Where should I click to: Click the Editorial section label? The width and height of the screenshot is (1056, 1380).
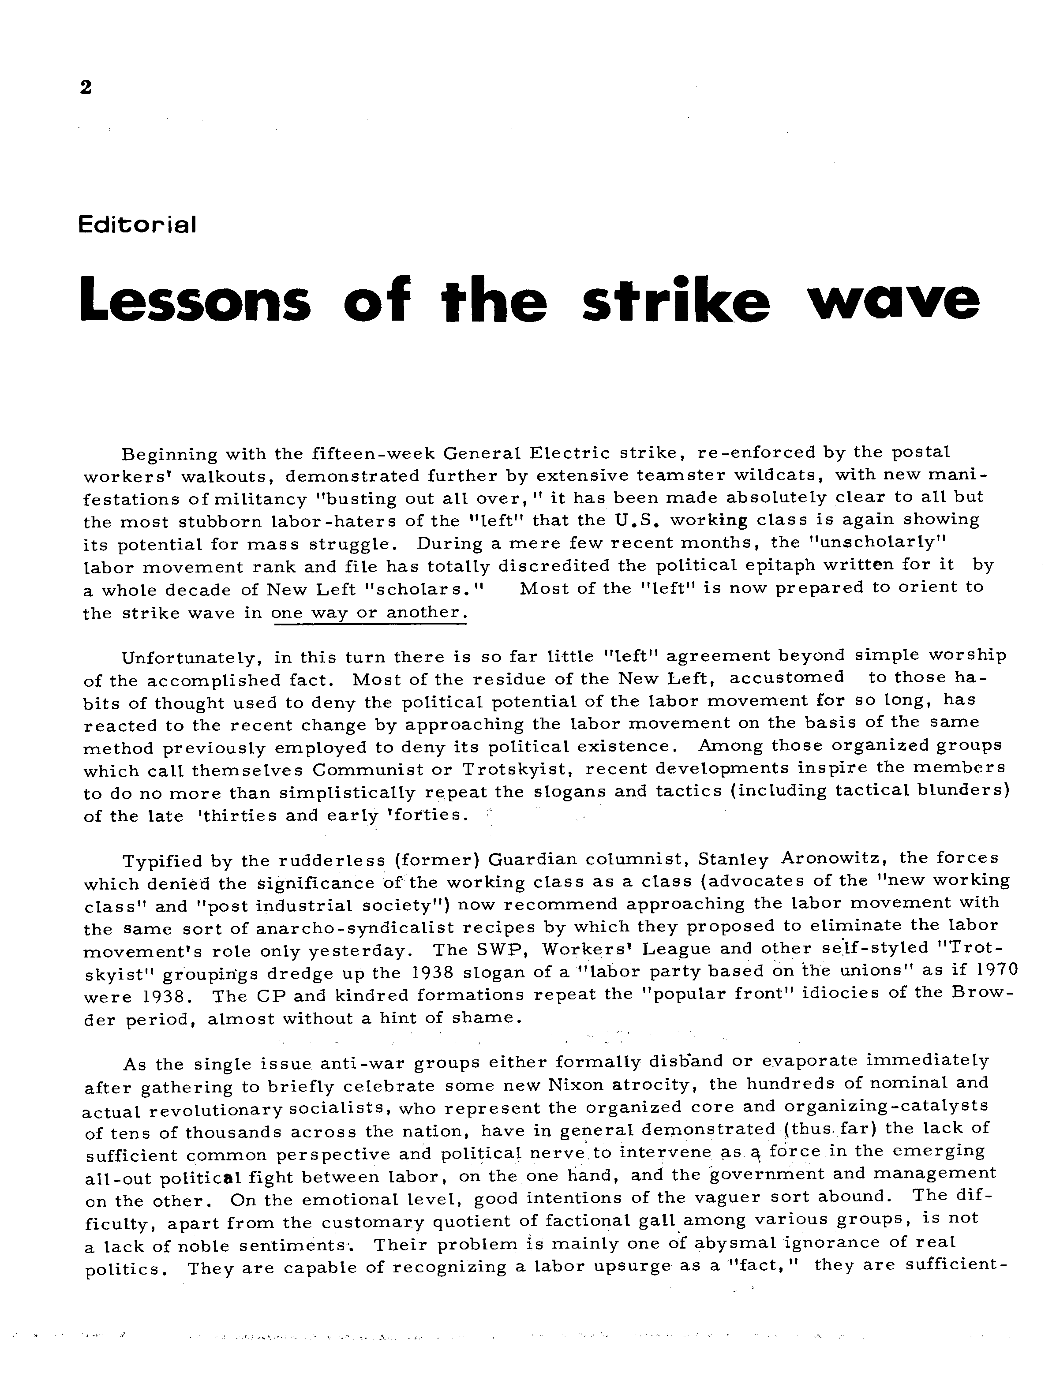click(x=137, y=224)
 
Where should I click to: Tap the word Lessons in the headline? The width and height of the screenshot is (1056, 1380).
click(x=195, y=300)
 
